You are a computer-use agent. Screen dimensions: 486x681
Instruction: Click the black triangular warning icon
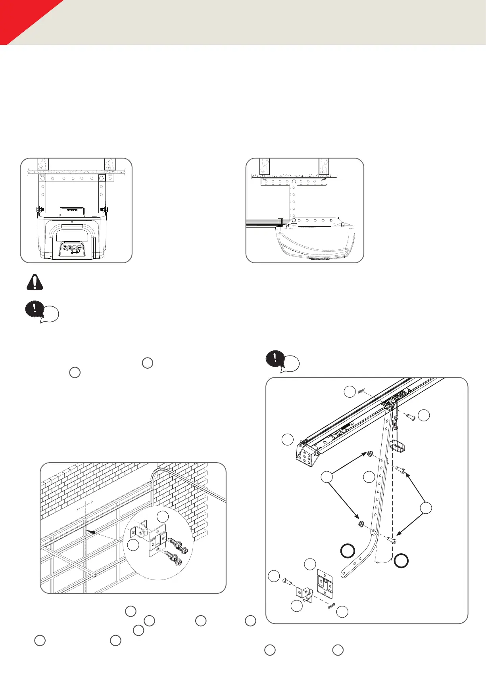pyautogui.click(x=35, y=282)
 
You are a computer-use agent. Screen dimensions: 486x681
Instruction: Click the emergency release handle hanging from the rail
pyautogui.click(x=399, y=446)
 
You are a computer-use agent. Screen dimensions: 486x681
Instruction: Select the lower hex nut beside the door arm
pyautogui.click(x=361, y=524)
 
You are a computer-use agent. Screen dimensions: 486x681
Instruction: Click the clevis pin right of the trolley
pyautogui.click(x=410, y=416)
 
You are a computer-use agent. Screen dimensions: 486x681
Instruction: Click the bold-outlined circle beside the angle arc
pyautogui.click(x=401, y=560)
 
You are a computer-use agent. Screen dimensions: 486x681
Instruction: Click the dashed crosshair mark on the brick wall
pyautogui.click(x=84, y=506)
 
